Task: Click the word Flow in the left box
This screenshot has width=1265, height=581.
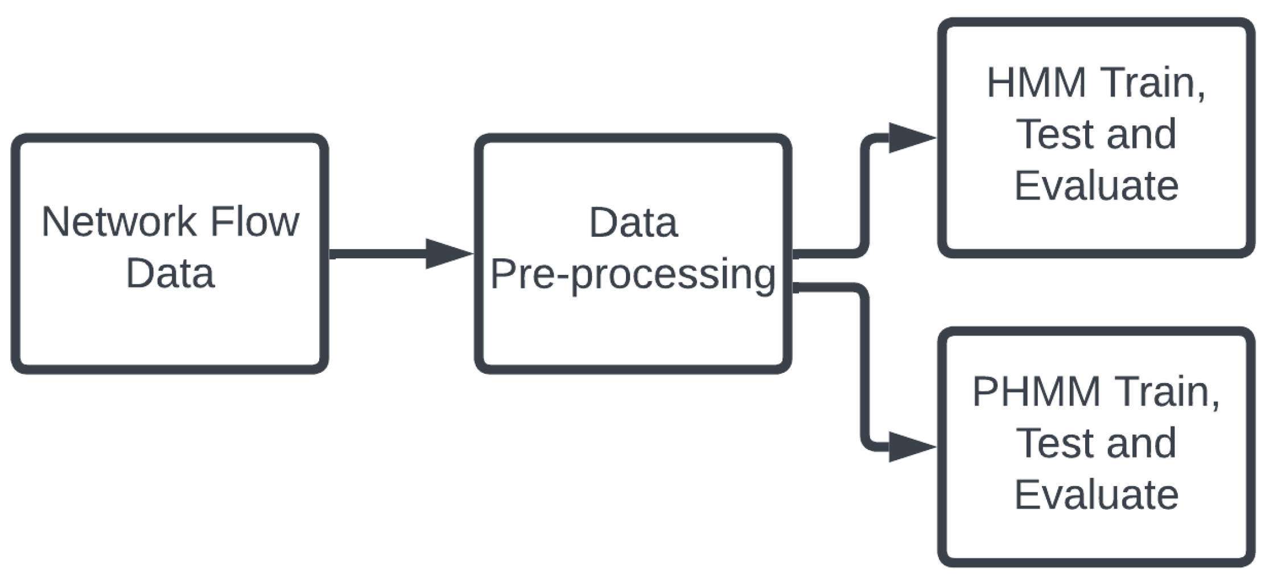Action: tap(254, 222)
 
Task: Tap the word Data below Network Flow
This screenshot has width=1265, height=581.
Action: tap(170, 274)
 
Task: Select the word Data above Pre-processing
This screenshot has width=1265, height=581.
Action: tap(633, 222)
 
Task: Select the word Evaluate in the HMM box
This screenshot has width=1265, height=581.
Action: tap(1096, 186)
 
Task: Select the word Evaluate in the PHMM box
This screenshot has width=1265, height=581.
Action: tap(1096, 495)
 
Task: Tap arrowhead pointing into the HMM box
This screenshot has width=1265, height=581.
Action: tap(910, 138)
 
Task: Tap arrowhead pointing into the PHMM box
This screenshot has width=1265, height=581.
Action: tap(910, 447)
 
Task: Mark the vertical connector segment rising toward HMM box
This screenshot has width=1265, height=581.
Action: tap(864, 196)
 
